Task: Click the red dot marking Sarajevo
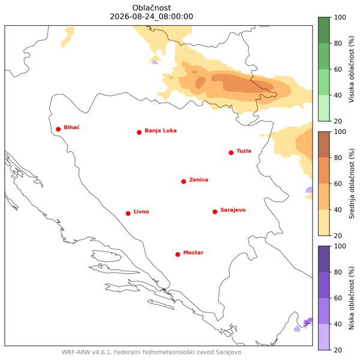(215, 212)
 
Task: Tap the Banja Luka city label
(161, 131)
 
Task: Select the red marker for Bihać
(58, 129)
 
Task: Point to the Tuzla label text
(244, 151)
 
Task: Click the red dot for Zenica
(184, 182)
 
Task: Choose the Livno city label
(141, 211)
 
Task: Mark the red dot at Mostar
(178, 254)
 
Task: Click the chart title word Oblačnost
(152, 8)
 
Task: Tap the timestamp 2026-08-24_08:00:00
(152, 17)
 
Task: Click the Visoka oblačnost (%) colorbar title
(352, 69)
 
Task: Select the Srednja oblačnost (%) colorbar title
(352, 184)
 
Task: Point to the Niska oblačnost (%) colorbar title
(352, 298)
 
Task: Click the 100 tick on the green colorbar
(340, 17)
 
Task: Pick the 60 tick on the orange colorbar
(338, 184)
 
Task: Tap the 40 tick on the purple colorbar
(338, 324)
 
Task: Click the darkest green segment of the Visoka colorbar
(324, 30)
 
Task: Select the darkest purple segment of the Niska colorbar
(324, 259)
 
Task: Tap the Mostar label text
(193, 253)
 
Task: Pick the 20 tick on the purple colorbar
(338, 350)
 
